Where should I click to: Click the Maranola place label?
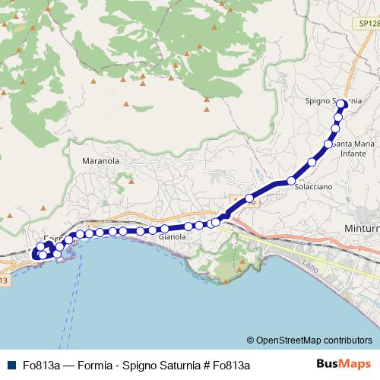100,161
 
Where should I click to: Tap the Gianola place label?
172,236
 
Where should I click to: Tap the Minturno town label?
366,228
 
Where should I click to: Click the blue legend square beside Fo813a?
9,365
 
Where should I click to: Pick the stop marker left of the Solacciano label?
291,181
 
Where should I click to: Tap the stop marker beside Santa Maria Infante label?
328,144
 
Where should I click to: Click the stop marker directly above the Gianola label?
163,228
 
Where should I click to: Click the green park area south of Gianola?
228,262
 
